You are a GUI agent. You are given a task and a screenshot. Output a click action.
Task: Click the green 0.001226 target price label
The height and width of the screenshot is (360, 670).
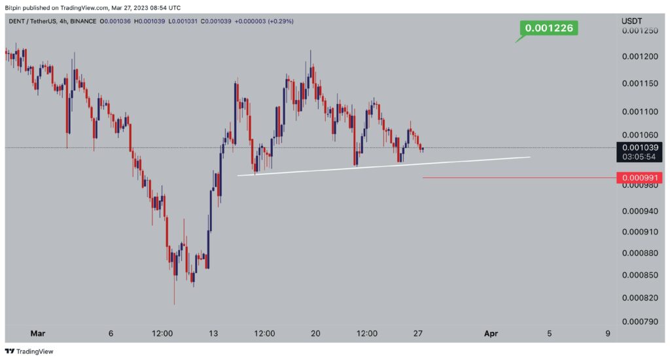pos(549,28)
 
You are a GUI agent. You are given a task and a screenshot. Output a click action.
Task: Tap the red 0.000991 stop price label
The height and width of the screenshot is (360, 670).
pos(639,178)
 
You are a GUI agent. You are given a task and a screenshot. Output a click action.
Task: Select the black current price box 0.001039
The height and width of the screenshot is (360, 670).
pos(639,153)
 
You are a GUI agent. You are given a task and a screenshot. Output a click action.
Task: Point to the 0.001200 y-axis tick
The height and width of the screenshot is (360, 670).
pos(640,57)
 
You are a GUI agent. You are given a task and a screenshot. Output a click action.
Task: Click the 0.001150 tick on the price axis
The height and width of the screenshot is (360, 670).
pos(640,84)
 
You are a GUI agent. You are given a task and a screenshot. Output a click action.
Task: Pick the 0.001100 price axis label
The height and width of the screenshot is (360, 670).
pos(640,112)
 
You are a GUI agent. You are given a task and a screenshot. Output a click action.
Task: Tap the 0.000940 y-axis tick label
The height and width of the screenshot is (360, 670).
pos(640,211)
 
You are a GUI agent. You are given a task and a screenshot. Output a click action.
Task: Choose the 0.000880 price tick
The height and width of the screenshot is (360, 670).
pos(640,253)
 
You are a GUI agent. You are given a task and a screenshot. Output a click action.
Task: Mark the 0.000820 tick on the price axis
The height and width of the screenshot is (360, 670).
pos(640,298)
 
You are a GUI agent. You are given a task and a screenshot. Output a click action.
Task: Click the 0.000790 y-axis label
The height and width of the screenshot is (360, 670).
pos(640,321)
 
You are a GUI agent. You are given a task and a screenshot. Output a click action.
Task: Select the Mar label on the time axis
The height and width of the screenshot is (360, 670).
pos(37,334)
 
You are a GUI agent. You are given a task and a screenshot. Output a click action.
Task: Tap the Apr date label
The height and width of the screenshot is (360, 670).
pos(491,334)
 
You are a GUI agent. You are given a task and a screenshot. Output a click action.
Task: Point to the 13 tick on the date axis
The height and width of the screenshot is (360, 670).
pos(213,334)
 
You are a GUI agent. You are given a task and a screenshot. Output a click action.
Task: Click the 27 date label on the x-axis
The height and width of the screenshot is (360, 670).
pos(418,334)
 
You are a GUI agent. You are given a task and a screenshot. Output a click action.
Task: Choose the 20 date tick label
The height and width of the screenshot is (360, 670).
pos(315,334)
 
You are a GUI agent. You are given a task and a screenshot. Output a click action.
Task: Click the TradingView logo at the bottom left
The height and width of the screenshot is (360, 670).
pos(29,351)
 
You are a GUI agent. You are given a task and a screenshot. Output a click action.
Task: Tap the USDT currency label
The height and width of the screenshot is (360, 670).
pos(631,21)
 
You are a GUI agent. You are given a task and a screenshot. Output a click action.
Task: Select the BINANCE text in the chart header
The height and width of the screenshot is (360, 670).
pos(83,21)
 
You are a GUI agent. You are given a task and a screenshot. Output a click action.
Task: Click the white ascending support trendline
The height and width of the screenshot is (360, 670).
pos(383,166)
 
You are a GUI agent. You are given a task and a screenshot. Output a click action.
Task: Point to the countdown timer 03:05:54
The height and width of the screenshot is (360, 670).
pos(639,157)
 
